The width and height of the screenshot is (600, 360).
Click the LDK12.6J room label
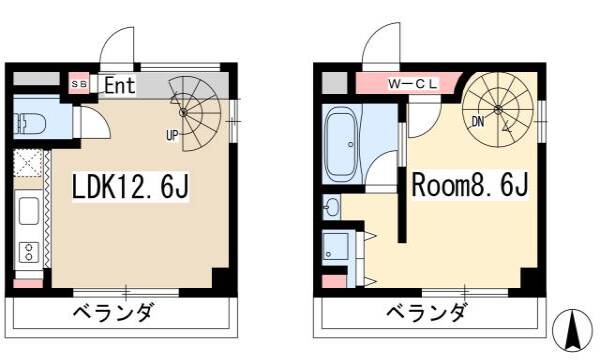point(130,186)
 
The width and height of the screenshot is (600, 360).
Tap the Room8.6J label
point(470,184)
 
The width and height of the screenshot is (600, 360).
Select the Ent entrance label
point(120,85)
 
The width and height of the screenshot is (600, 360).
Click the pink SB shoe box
point(79,84)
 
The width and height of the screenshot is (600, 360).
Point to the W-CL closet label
point(412,84)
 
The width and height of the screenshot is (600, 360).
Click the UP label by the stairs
point(172,135)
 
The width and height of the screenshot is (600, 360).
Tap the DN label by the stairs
point(478,122)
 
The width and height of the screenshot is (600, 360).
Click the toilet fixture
point(30,123)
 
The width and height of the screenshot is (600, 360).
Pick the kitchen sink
point(29,212)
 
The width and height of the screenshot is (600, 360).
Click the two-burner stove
point(29,252)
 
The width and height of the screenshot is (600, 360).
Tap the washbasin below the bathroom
point(331,207)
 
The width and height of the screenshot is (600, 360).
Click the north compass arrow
point(572,331)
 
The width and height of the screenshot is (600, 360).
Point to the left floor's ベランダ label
point(115,313)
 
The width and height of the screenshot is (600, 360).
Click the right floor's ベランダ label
point(427,313)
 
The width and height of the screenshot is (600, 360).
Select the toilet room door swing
point(96,122)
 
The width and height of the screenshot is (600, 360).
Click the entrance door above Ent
point(117,45)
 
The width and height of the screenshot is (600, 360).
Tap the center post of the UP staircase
point(183,112)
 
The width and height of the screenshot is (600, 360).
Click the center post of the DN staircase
point(498,109)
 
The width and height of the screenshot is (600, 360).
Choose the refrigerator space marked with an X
point(28,163)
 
